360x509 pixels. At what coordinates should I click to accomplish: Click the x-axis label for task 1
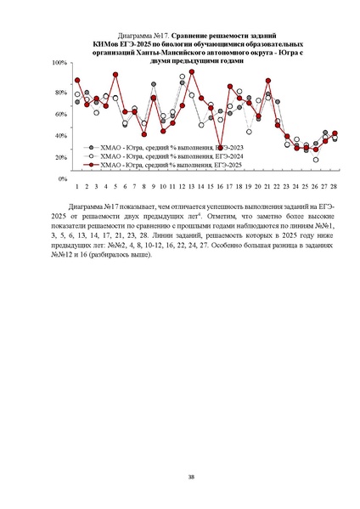point(77,185)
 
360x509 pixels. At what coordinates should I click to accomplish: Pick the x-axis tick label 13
point(192,185)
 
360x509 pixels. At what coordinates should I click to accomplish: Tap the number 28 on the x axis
point(335,185)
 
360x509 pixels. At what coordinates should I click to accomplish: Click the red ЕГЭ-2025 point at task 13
point(192,75)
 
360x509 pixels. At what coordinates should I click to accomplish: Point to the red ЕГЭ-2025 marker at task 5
point(115,75)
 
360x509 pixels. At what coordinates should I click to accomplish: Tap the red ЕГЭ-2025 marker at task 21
point(268,81)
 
